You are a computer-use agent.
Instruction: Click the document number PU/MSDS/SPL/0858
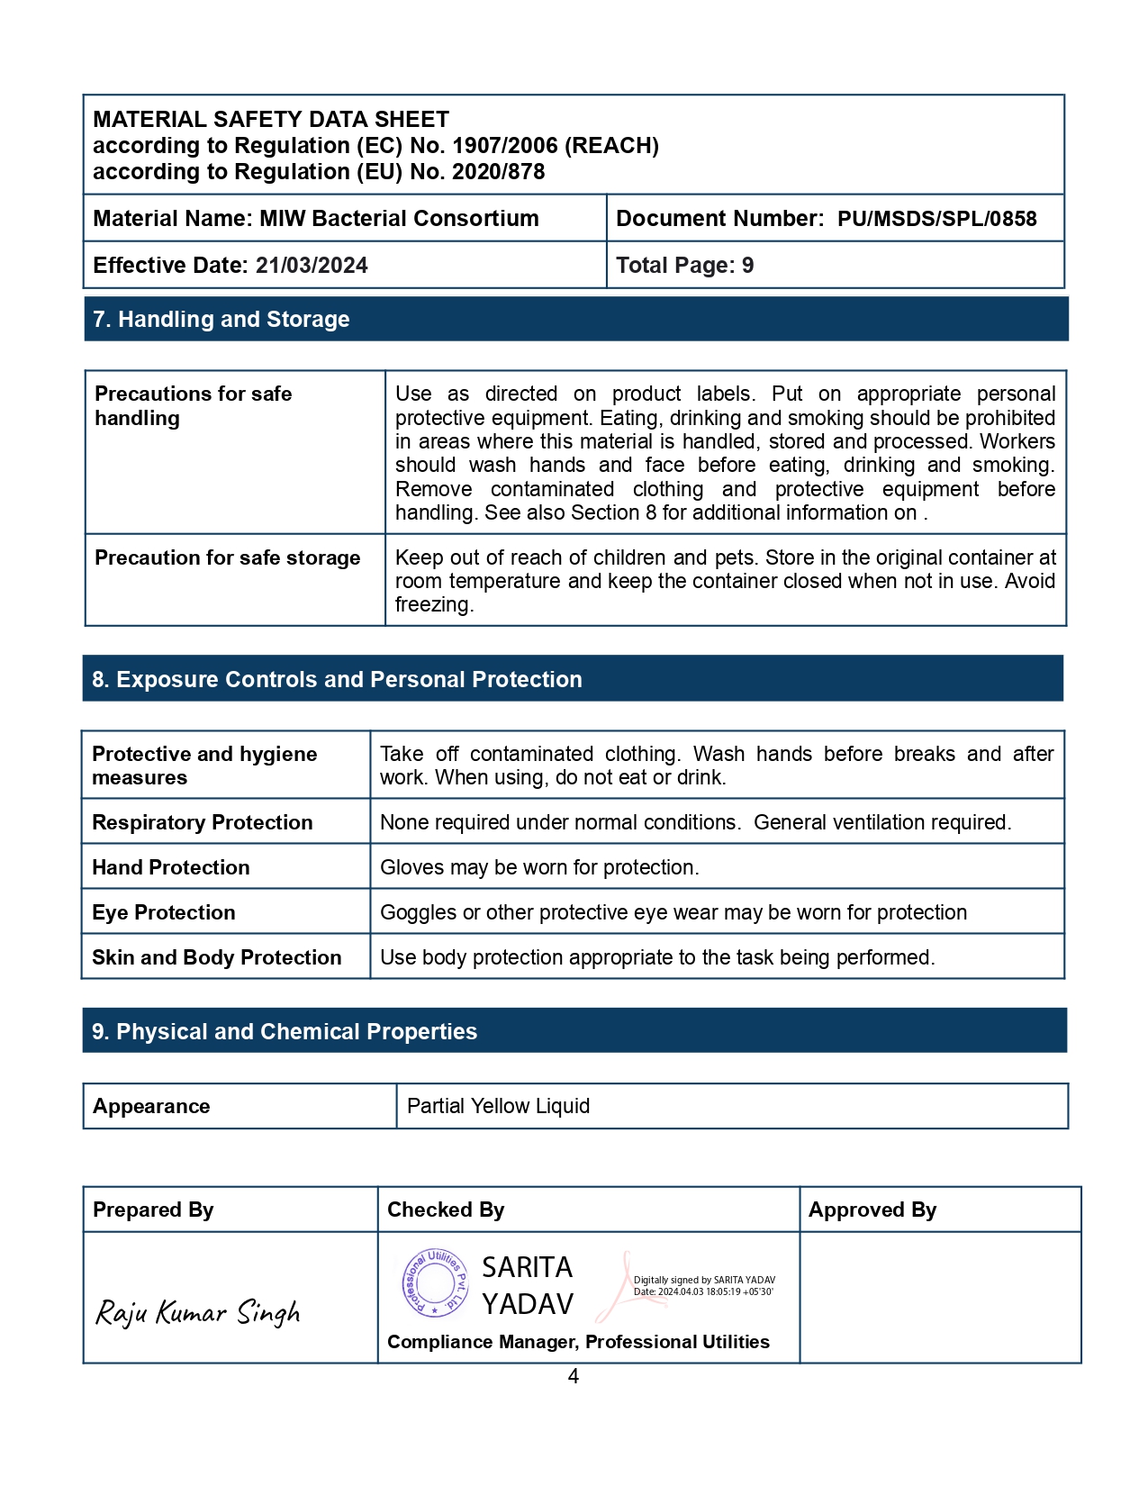pyautogui.click(x=936, y=219)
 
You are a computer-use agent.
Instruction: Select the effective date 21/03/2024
pyautogui.click(x=312, y=266)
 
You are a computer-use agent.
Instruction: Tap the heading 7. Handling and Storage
pyautogui.click(x=221, y=320)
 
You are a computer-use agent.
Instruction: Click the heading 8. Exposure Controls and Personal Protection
pyautogui.click(x=337, y=680)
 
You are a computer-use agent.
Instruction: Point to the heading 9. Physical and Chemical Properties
pyautogui.click(x=285, y=1032)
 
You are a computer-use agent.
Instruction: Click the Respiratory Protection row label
pyautogui.click(x=203, y=823)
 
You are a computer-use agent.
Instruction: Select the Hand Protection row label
pyautogui.click(x=171, y=868)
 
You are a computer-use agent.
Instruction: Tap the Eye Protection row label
pyautogui.click(x=164, y=913)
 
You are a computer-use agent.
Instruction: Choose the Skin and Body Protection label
pyautogui.click(x=217, y=958)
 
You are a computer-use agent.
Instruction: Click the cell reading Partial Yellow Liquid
pyautogui.click(x=498, y=1107)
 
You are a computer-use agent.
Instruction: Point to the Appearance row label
pyautogui.click(x=151, y=1107)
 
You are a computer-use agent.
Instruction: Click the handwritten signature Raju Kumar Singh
pyautogui.click(x=198, y=1313)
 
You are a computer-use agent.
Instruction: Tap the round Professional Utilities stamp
pyautogui.click(x=435, y=1283)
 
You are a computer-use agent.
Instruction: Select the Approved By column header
pyautogui.click(x=872, y=1210)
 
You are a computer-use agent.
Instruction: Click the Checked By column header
pyautogui.click(x=446, y=1210)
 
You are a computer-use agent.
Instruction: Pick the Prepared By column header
pyautogui.click(x=153, y=1210)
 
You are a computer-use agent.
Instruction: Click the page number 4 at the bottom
pyautogui.click(x=574, y=1376)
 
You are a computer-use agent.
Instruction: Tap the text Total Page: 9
pyautogui.click(x=684, y=266)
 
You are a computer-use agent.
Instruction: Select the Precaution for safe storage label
pyautogui.click(x=228, y=558)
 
